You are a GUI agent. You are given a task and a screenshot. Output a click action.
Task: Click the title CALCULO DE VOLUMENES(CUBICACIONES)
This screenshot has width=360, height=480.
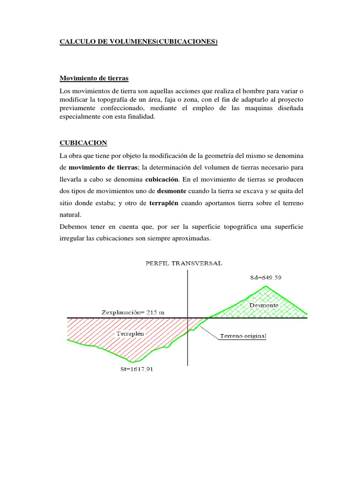pyautogui.click(x=139, y=42)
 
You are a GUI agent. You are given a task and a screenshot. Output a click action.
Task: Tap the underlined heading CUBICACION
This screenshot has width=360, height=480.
pyautogui.click(x=83, y=142)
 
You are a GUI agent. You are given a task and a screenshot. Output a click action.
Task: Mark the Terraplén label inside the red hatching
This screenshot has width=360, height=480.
pyautogui.click(x=129, y=334)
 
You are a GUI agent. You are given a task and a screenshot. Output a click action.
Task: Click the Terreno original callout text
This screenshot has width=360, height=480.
pyautogui.click(x=246, y=336)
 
